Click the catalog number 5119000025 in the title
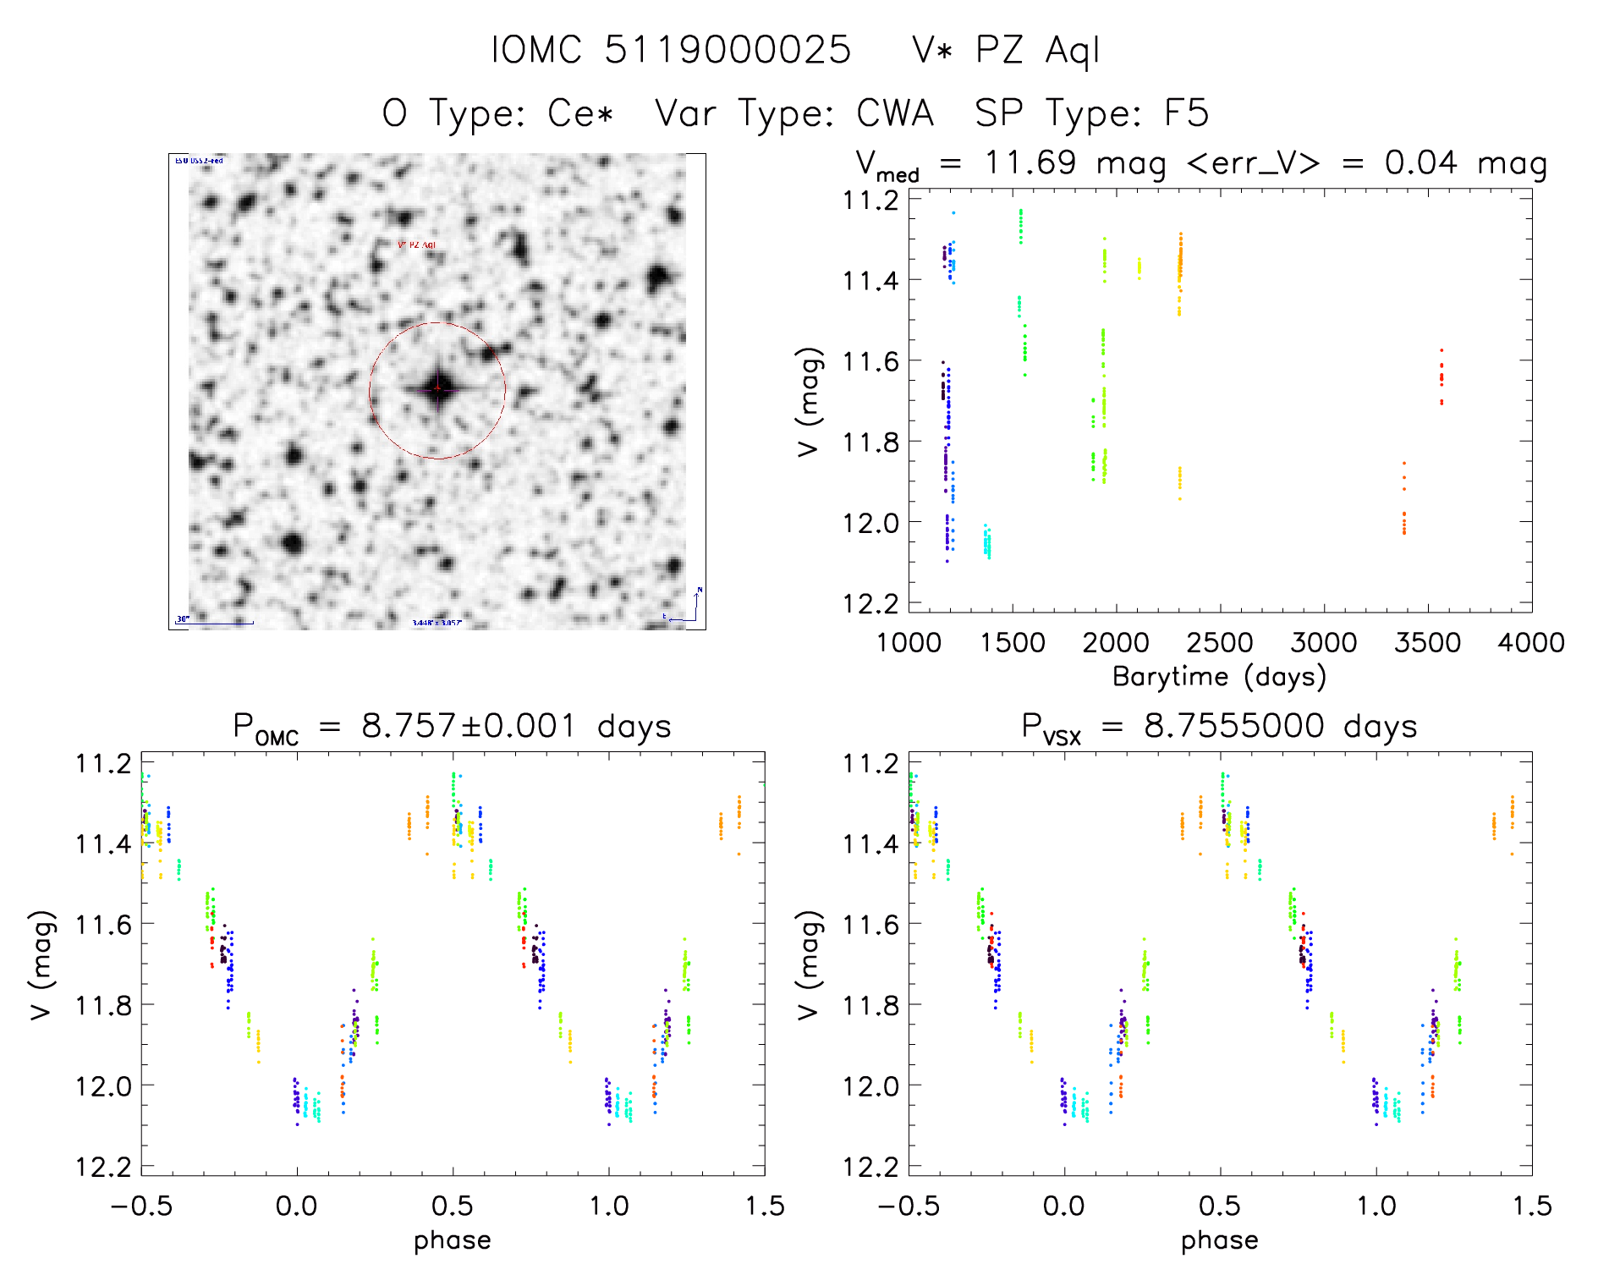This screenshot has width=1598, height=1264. pos(728,50)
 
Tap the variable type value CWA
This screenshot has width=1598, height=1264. pos(894,113)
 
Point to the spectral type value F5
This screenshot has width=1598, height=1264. pos(1186,113)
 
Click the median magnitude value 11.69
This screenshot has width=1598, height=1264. pos(1030,162)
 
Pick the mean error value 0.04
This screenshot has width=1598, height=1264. pos(1420,162)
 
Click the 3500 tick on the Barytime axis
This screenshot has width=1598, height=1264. pos(1427,643)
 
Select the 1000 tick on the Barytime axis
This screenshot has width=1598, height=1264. pos(909,643)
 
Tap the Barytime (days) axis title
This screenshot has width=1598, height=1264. pos(1218,677)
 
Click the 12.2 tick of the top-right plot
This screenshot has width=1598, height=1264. pos(870,604)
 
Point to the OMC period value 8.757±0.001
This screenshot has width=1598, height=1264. pos(468,726)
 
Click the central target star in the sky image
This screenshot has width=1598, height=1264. pos(437,389)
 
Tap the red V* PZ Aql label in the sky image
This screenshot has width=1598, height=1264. pos(416,245)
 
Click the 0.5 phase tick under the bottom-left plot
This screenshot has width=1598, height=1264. pos(453,1206)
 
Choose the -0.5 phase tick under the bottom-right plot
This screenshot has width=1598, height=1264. pos(909,1206)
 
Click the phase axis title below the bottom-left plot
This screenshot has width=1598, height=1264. pos(452,1240)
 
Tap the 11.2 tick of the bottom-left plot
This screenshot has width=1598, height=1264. pos(103,764)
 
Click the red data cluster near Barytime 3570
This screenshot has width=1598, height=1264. pos(1441,376)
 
